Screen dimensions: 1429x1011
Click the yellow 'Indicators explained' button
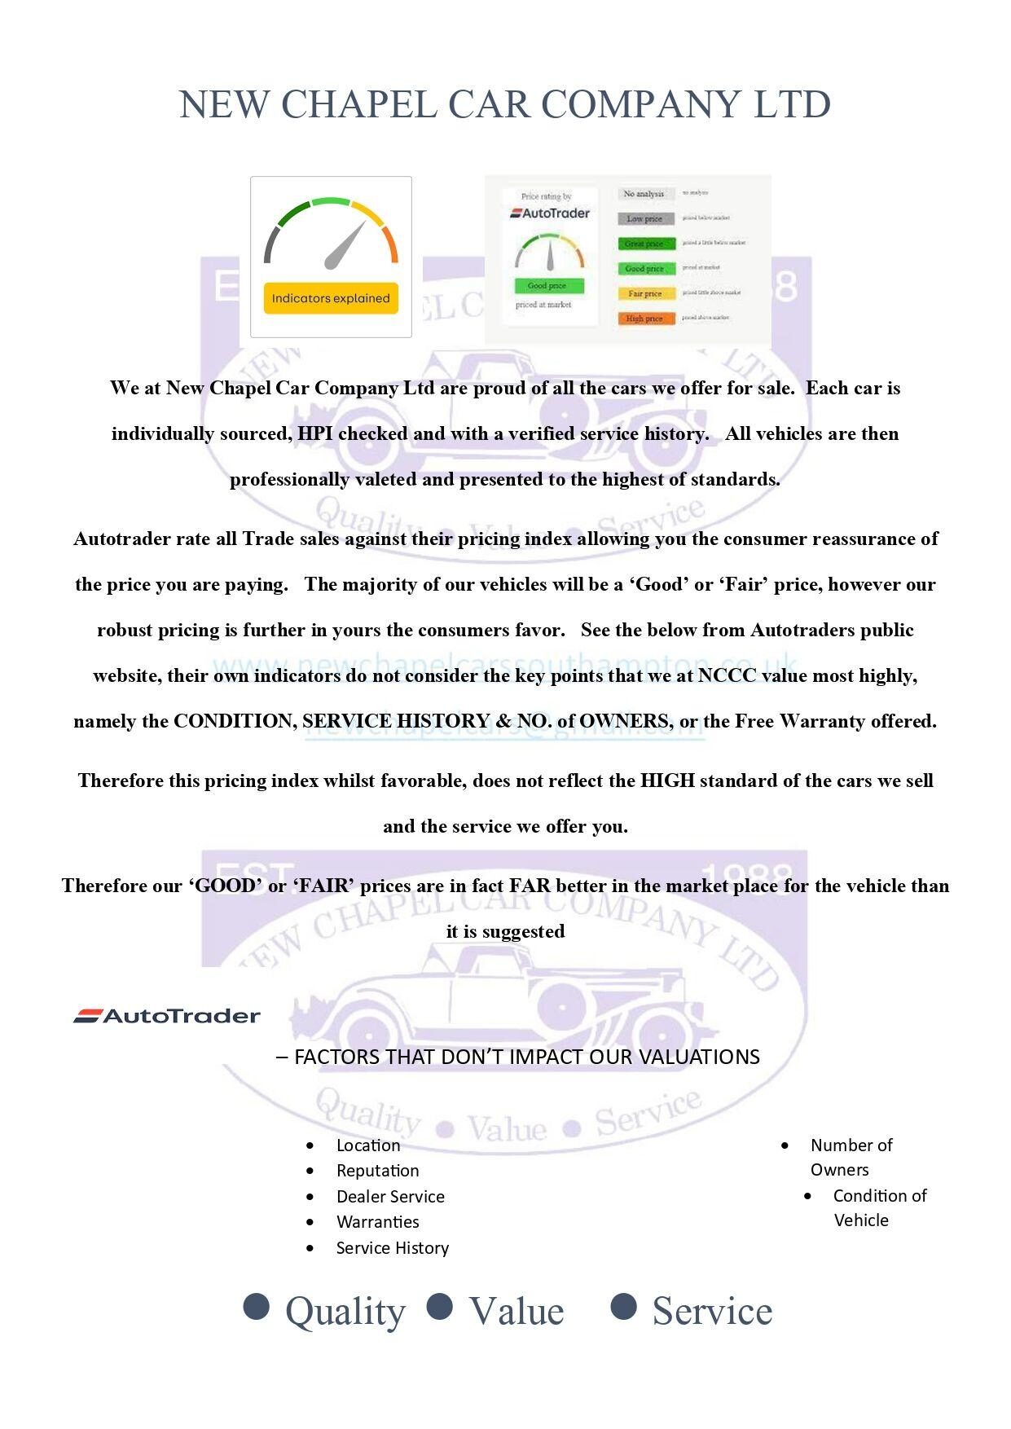point(331,298)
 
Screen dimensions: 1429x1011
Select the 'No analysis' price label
point(644,194)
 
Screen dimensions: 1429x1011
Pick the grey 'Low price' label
point(645,218)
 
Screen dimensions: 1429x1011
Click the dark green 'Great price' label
point(645,244)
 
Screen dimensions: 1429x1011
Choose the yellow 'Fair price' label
point(645,293)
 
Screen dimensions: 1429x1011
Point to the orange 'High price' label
point(645,319)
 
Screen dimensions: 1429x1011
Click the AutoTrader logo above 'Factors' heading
point(167,1016)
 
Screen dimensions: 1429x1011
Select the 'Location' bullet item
point(368,1145)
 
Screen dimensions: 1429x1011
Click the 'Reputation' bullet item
point(377,1171)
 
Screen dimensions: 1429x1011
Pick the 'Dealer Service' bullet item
point(390,1197)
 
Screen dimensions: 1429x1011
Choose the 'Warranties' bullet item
point(377,1222)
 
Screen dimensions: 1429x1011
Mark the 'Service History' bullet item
point(392,1248)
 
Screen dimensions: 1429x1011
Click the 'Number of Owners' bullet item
point(851,1157)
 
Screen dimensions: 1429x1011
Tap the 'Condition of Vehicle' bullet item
point(878,1207)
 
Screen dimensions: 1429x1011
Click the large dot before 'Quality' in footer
point(257,1306)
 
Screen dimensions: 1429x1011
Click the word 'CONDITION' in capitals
point(235,721)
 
